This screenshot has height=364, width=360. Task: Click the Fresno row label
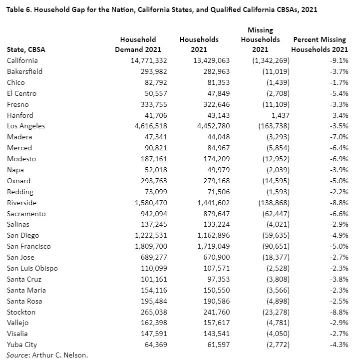click(x=18, y=104)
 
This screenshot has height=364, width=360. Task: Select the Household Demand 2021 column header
click(x=138, y=44)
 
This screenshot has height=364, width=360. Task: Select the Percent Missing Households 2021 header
click(x=320, y=44)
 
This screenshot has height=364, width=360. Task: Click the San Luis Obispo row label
click(x=32, y=268)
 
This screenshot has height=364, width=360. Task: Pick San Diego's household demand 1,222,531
click(x=148, y=235)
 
